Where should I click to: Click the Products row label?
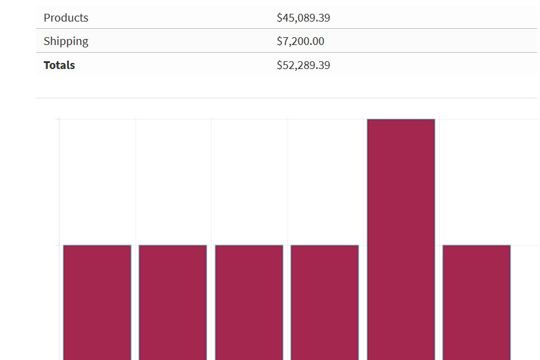tap(66, 18)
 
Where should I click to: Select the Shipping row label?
tap(66, 41)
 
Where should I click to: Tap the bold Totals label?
tap(59, 65)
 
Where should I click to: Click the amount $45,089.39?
tap(303, 18)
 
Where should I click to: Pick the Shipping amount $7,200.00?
tap(300, 41)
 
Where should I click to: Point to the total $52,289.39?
tap(303, 65)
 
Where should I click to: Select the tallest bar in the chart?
tap(401, 240)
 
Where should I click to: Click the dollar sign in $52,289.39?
tap(279, 65)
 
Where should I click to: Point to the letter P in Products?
tap(47, 18)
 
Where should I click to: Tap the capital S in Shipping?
tap(47, 41)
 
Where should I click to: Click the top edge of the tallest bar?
tap(401, 119)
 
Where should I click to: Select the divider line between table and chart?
tap(286, 98)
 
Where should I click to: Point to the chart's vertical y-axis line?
tap(59, 240)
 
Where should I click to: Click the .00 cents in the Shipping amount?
tap(317, 41)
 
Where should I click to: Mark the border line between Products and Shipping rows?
tap(286, 29)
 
